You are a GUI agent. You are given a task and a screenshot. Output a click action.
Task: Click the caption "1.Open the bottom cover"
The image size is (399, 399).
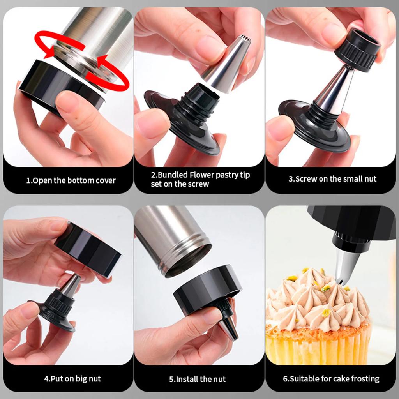coord(71,180)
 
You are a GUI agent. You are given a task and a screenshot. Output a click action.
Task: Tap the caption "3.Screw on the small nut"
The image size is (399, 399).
coord(332,179)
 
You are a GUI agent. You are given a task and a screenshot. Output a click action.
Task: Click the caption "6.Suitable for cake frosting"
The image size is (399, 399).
coord(331,378)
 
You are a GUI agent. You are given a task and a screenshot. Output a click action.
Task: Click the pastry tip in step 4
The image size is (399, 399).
coord(71,284)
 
